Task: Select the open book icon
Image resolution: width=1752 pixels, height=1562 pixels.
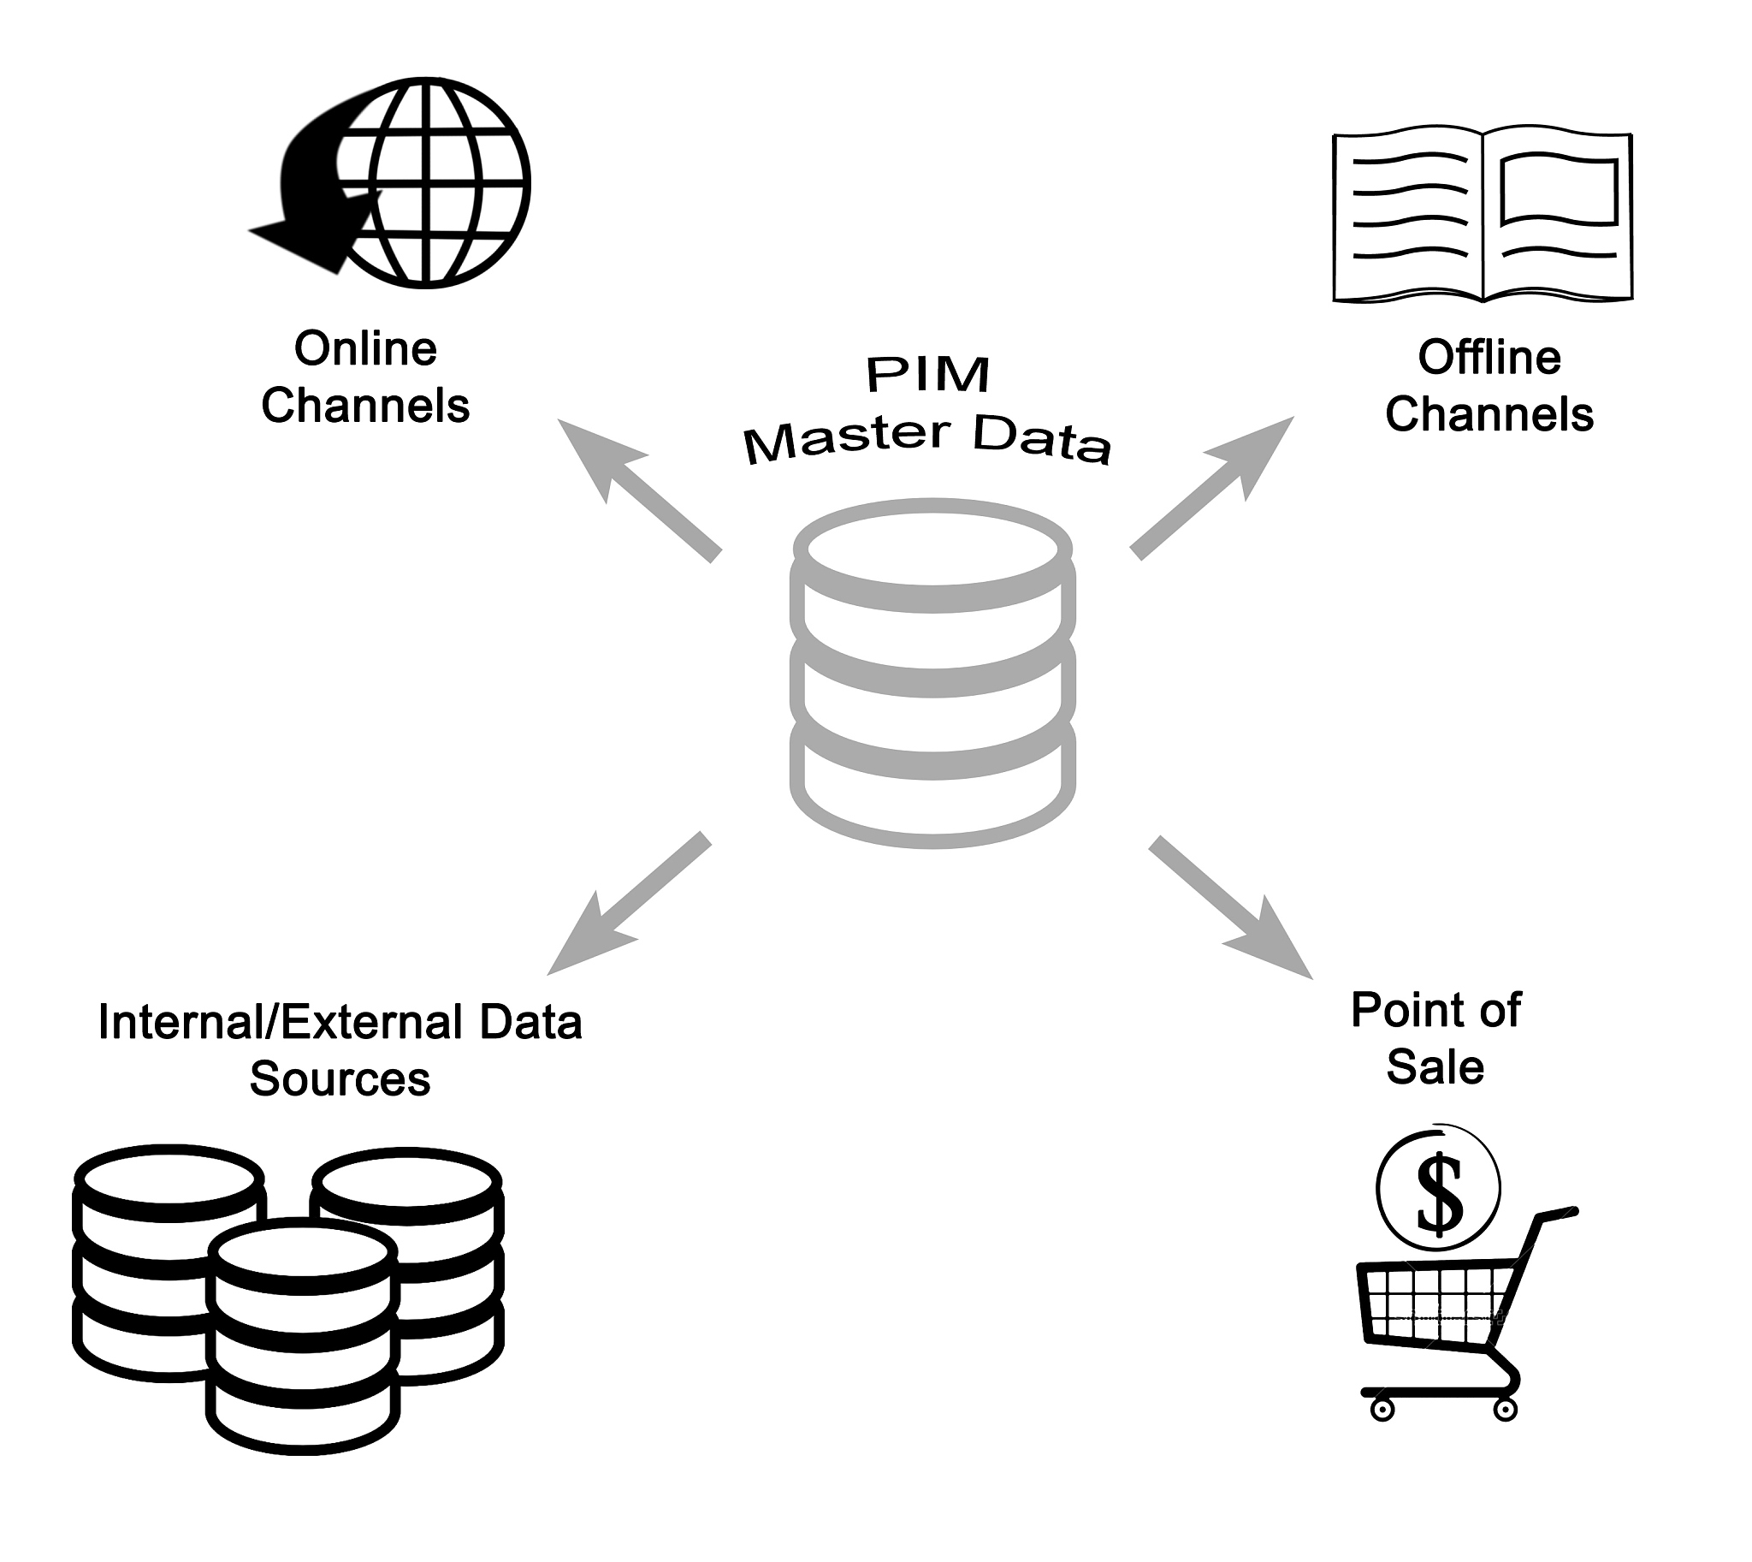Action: pos(1482,217)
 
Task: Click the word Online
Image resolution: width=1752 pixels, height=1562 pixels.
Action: pos(365,349)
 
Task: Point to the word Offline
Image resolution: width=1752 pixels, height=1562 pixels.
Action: pos(1489,358)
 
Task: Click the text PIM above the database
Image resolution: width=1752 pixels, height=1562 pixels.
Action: pos(928,375)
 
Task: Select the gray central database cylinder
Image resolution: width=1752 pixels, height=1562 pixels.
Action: pos(932,674)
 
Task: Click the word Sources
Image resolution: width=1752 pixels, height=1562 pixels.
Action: pos(340,1078)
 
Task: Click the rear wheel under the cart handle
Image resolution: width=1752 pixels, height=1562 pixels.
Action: pos(1506,1410)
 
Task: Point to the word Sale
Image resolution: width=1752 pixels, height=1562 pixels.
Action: pos(1435,1067)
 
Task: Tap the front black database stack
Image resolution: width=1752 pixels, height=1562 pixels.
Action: pos(304,1339)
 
